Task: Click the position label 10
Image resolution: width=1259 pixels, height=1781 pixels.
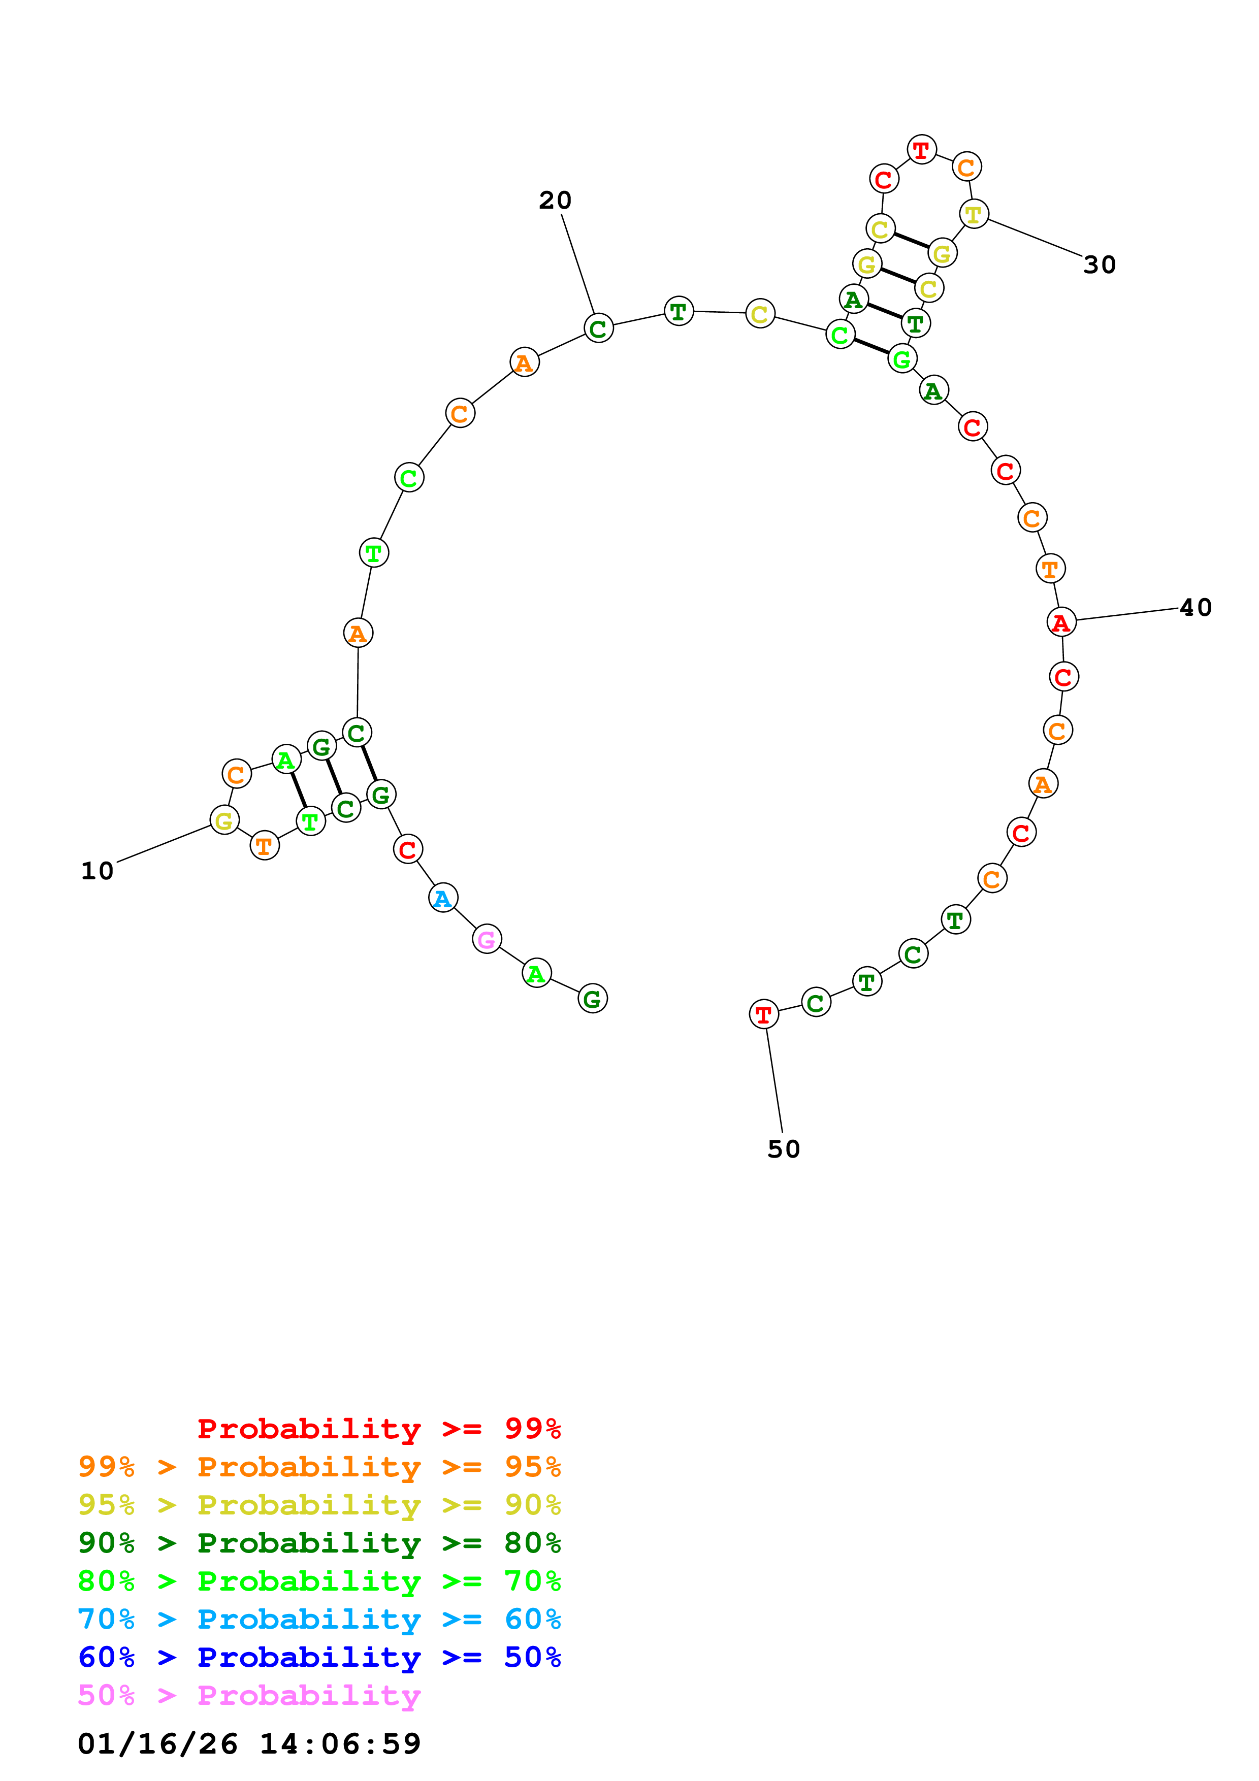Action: (x=97, y=871)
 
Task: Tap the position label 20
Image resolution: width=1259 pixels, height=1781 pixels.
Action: (x=556, y=200)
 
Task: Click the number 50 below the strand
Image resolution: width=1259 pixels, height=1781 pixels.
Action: (x=784, y=1149)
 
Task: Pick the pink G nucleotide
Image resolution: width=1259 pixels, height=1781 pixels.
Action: (x=487, y=939)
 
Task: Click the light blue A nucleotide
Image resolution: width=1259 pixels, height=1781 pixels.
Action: (x=443, y=898)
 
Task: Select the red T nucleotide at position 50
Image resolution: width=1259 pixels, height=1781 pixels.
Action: (x=763, y=1014)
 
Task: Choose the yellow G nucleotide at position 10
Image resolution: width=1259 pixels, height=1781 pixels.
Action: (x=224, y=820)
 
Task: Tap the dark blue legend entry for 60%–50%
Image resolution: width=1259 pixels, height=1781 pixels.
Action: (x=319, y=1657)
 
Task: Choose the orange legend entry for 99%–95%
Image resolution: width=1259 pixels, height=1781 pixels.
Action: (x=319, y=1466)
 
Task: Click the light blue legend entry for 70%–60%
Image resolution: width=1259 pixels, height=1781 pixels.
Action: (x=319, y=1619)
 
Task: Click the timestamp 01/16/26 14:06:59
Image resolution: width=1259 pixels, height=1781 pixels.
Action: (x=249, y=1744)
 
